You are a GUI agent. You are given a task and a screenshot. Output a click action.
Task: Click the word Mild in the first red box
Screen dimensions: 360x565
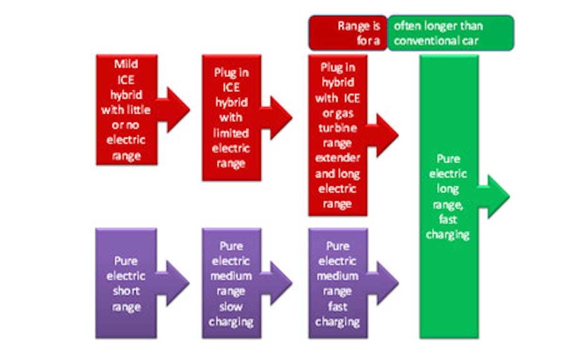click(x=126, y=64)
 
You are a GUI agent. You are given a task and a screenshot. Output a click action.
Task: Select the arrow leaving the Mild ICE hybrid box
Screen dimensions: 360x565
click(x=173, y=110)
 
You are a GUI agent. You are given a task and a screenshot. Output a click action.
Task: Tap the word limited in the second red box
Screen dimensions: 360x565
click(x=231, y=133)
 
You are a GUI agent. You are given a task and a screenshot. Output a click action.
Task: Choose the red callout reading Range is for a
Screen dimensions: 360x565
click(x=348, y=32)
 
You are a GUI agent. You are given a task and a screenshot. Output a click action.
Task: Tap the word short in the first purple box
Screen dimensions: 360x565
click(x=126, y=291)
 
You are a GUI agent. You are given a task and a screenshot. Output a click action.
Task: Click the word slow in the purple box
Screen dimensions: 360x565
click(x=231, y=307)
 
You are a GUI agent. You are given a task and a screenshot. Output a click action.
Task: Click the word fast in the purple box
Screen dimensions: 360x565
click(x=338, y=307)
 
